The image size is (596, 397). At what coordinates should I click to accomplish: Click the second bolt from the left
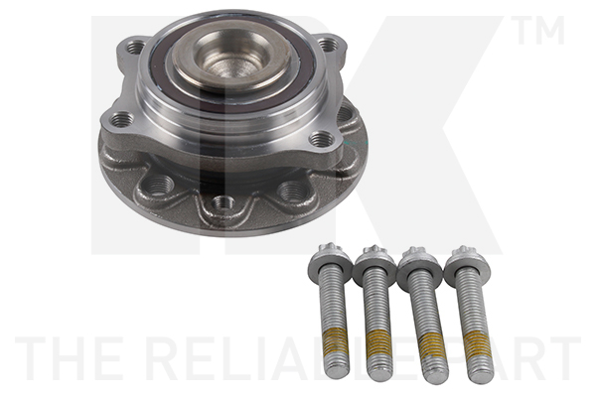tap(376, 308)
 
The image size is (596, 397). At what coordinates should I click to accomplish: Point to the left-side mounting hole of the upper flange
tap(122, 120)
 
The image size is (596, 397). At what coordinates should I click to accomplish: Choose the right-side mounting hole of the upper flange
tap(319, 140)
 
